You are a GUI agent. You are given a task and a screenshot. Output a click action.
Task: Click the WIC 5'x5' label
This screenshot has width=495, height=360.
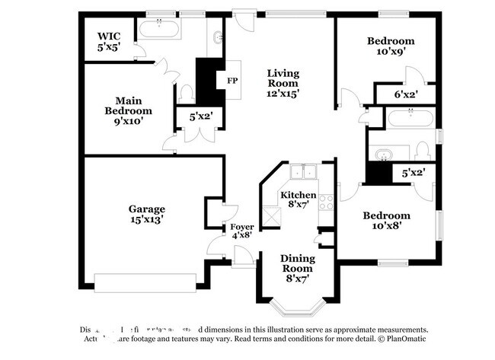(110, 41)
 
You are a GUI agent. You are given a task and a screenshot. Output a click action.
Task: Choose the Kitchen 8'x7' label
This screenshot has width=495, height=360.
(298, 200)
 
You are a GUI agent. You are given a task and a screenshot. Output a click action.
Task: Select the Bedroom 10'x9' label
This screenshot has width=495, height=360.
(390, 46)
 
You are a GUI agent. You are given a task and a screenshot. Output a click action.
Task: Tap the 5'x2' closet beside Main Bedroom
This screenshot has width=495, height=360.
(200, 116)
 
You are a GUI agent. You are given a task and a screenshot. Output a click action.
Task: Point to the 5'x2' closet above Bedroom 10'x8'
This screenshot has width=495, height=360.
(412, 173)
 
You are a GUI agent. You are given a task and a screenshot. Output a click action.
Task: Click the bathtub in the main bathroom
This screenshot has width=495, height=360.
(159, 30)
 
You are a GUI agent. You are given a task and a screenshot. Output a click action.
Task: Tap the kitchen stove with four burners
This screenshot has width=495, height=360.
(327, 202)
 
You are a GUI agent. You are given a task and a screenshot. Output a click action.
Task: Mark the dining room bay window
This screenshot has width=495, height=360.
(295, 309)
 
